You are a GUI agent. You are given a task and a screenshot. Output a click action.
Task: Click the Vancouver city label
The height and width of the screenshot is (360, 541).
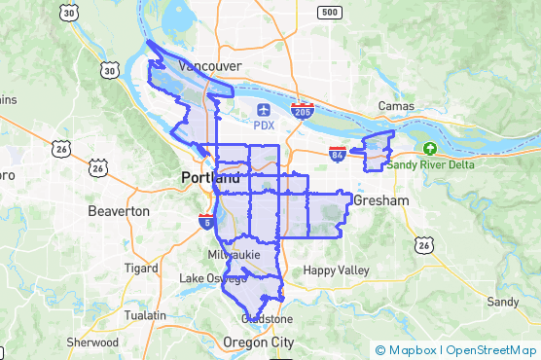209,66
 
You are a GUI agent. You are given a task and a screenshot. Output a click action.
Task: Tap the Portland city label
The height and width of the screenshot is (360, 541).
209,178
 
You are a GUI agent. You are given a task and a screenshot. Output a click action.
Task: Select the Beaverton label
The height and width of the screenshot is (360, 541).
119,210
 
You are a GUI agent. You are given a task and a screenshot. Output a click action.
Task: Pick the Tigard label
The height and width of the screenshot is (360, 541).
141,268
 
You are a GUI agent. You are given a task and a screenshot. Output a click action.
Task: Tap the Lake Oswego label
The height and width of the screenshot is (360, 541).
206,279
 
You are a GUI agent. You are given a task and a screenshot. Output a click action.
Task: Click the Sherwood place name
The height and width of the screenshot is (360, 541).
92,342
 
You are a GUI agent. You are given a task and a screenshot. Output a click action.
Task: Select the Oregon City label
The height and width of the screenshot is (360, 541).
258,342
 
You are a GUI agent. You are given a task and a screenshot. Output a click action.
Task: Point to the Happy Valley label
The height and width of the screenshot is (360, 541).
332,270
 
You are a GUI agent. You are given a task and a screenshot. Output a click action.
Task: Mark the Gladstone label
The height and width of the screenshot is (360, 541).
267,318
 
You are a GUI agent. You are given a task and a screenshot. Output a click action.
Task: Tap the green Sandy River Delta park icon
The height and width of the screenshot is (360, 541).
429,148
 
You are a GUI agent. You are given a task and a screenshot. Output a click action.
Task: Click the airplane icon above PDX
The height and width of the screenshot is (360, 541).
265,109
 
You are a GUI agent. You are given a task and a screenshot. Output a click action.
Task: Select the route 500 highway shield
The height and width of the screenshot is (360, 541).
330,13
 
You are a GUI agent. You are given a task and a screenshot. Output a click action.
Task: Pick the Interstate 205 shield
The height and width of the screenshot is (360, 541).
303,112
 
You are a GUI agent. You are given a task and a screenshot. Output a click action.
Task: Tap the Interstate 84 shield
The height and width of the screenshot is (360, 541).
337,154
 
